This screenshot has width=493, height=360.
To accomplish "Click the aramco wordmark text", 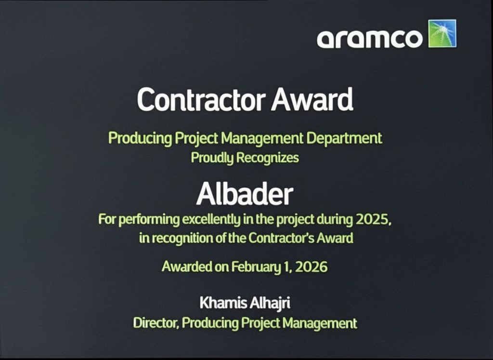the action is point(369,39).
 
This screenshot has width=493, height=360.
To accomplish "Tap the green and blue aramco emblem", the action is point(442,34).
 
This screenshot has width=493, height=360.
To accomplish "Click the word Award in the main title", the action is point(312,99).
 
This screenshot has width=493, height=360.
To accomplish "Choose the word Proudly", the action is point(212,158).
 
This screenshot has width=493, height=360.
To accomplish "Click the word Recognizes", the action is point(267,157).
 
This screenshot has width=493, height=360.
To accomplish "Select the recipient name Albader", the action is point(245,194).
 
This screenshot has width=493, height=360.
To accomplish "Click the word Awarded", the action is point(187,267).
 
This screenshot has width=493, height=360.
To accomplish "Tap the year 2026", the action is point(311,267).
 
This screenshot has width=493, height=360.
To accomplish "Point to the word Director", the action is point(156,323).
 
